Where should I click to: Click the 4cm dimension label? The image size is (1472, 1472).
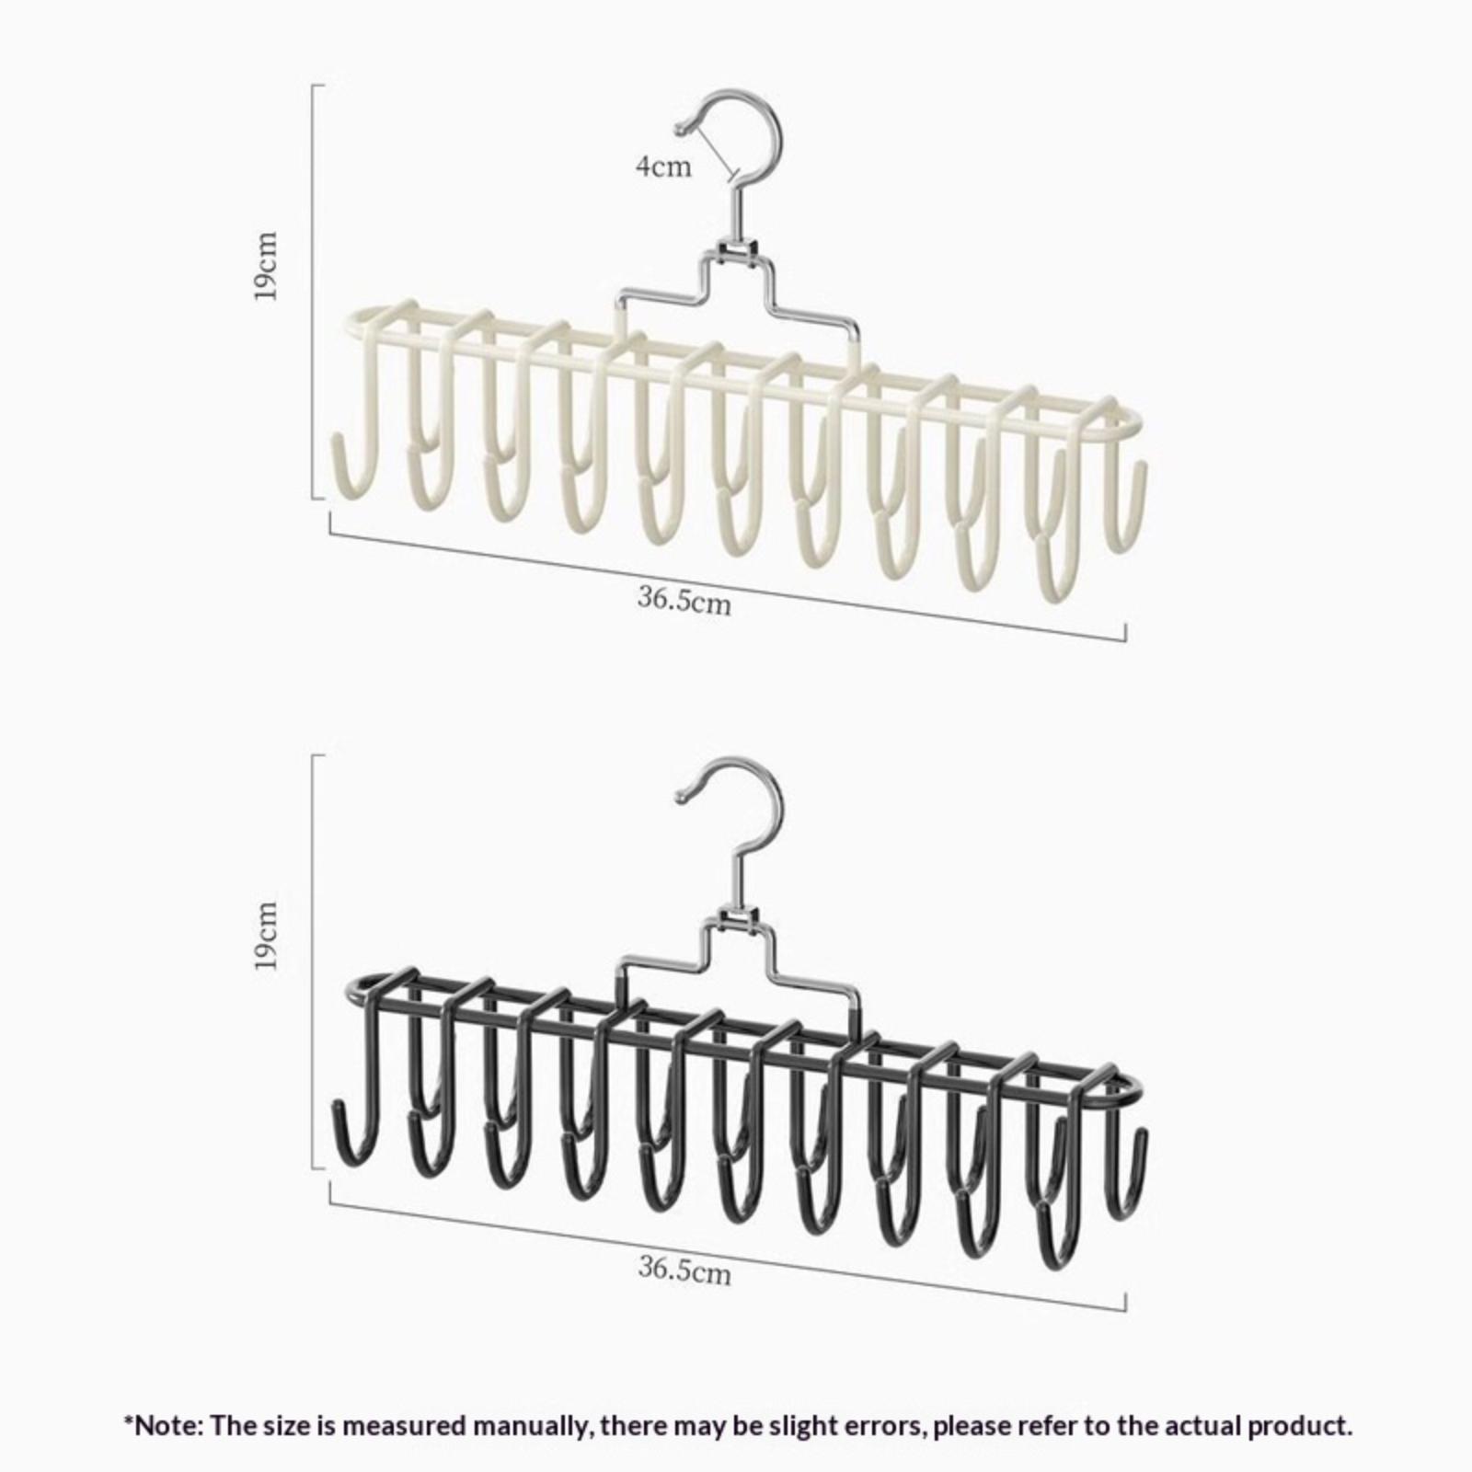point(662,167)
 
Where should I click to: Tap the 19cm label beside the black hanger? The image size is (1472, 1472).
point(267,936)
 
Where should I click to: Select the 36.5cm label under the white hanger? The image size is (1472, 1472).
point(684,600)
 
